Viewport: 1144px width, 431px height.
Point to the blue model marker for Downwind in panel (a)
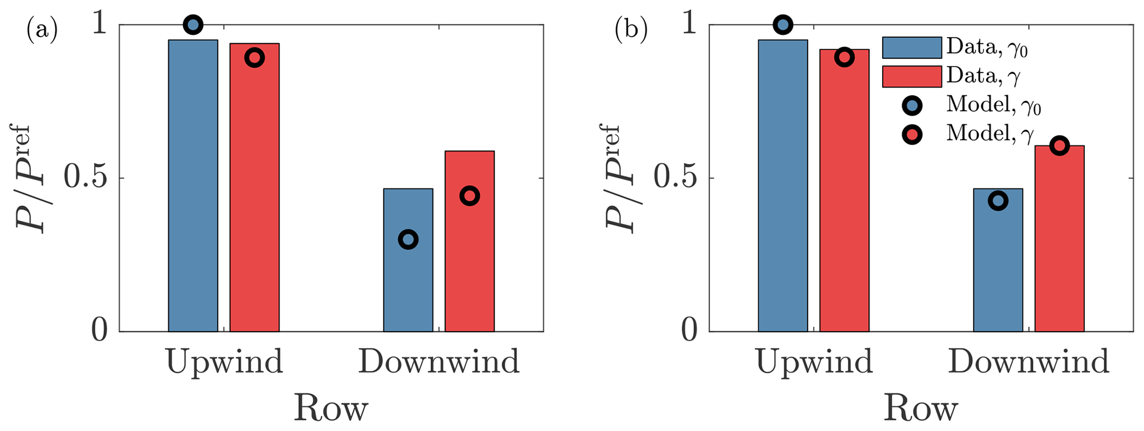408,240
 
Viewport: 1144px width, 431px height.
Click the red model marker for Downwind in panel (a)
469,196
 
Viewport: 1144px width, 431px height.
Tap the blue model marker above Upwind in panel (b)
783,25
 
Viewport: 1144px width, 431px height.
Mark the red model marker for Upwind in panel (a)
255,57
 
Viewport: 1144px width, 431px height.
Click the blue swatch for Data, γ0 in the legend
912,48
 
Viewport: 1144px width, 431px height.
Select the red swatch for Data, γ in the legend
912,76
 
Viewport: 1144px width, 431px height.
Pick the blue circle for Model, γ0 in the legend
912,105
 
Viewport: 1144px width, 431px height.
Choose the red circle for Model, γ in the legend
912,134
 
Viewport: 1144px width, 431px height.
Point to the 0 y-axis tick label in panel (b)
689,331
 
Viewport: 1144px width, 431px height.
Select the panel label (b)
631,31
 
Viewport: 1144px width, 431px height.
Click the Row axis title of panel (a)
330,409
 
